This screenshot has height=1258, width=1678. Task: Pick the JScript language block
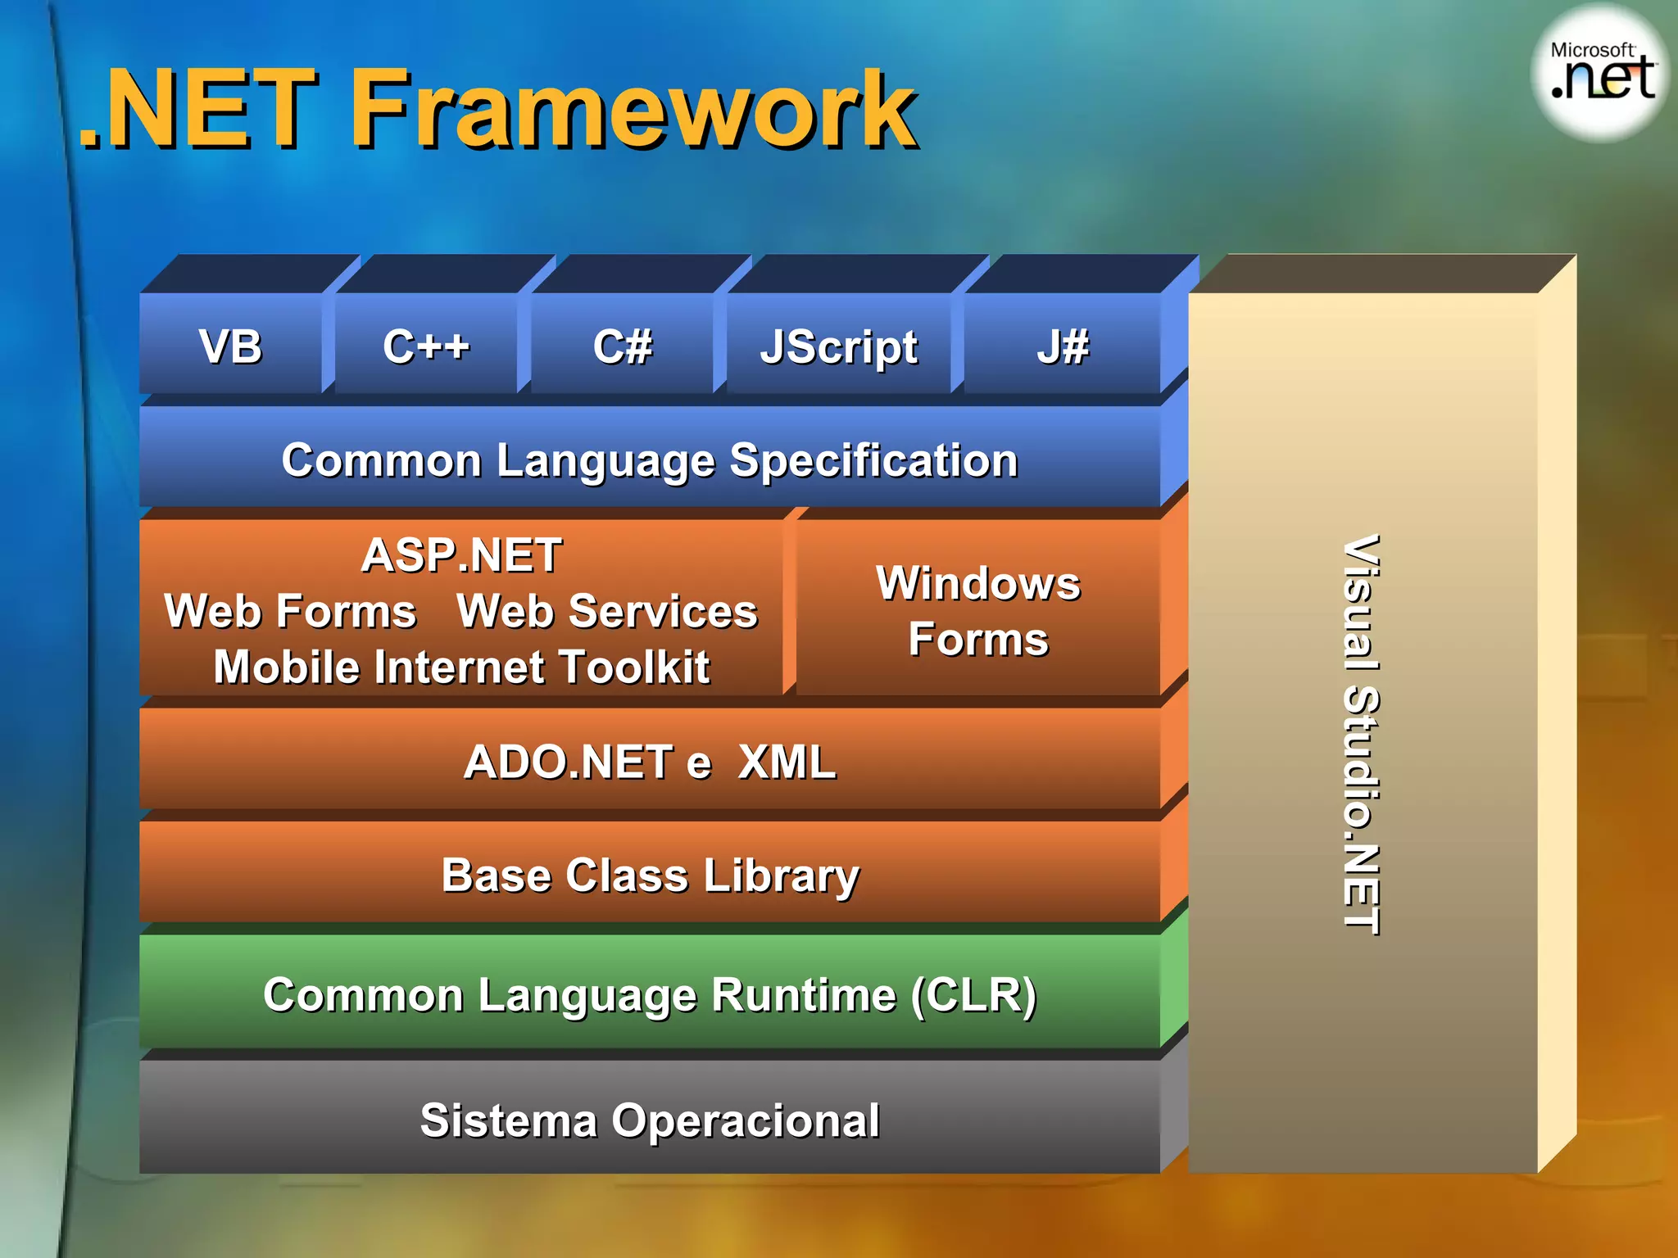tap(838, 347)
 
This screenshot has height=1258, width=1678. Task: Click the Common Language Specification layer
tap(650, 459)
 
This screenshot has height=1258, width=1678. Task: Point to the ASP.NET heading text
tap(461, 555)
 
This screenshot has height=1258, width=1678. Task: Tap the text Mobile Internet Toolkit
tap(461, 667)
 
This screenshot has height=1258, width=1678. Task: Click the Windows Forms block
tap(978, 611)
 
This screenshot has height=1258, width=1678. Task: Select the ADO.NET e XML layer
tap(650, 762)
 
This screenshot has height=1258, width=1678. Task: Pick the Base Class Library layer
tap(650, 875)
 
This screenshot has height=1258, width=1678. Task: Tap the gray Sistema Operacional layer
tap(650, 1120)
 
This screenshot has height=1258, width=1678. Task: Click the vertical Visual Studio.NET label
tap(1362, 735)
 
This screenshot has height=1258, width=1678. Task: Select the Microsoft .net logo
tap(1600, 74)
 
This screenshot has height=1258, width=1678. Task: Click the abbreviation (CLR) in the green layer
tap(974, 995)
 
